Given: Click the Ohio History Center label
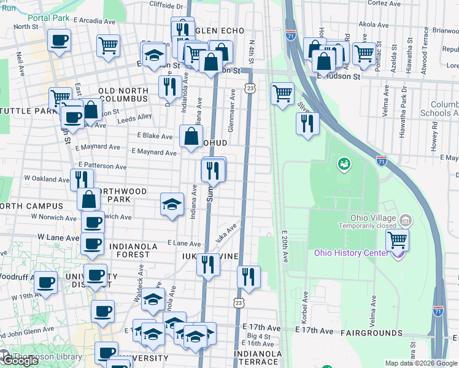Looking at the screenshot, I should pyautogui.click(x=351, y=253).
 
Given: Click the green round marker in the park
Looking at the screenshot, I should pyautogui.click(x=343, y=164).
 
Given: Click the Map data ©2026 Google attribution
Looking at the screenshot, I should pyautogui.click(x=420, y=363).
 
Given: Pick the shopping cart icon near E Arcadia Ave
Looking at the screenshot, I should pyautogui.click(x=108, y=45).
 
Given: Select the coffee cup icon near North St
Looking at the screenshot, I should pyautogui.click(x=60, y=41).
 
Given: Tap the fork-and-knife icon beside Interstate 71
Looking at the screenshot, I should pyautogui.click(x=307, y=123).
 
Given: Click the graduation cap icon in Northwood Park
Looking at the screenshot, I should pyautogui.click(x=172, y=204).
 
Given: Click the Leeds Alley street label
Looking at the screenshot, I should pyautogui.click(x=134, y=118).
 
